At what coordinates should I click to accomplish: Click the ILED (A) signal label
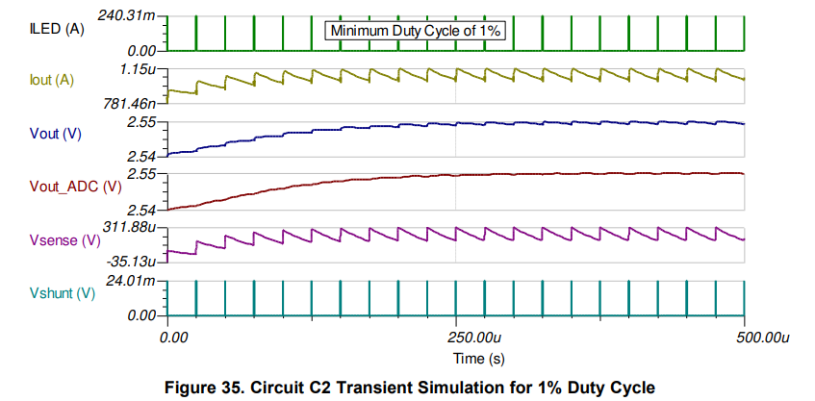coord(59,30)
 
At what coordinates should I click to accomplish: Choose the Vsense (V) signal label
coord(64,239)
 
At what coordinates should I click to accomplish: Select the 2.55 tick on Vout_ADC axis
coord(141,174)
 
